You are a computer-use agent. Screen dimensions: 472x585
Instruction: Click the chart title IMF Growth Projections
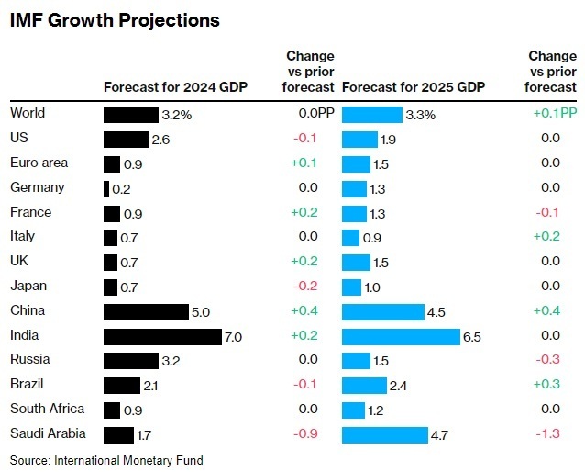[115, 19]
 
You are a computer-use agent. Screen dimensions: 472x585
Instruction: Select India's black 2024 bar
[162, 336]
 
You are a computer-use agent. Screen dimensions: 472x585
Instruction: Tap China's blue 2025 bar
[382, 312]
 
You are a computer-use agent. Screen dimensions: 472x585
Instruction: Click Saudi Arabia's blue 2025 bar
[384, 434]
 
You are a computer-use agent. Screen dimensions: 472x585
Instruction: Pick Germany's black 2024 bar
[106, 189]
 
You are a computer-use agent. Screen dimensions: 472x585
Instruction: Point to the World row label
[28, 114]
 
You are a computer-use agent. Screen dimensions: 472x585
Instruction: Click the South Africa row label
[48, 409]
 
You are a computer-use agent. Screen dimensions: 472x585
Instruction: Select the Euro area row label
[39, 163]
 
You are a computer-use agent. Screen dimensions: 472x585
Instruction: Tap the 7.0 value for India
[233, 337]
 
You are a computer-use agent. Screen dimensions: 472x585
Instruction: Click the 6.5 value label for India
[472, 337]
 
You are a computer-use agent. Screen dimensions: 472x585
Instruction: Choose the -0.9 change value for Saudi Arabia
[304, 434]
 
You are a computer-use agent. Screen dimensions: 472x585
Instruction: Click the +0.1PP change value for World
[555, 114]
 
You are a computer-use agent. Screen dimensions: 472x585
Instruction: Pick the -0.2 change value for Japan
[304, 287]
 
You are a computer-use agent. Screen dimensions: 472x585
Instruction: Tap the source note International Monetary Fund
[106, 459]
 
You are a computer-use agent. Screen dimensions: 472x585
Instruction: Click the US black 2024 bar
[126, 140]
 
